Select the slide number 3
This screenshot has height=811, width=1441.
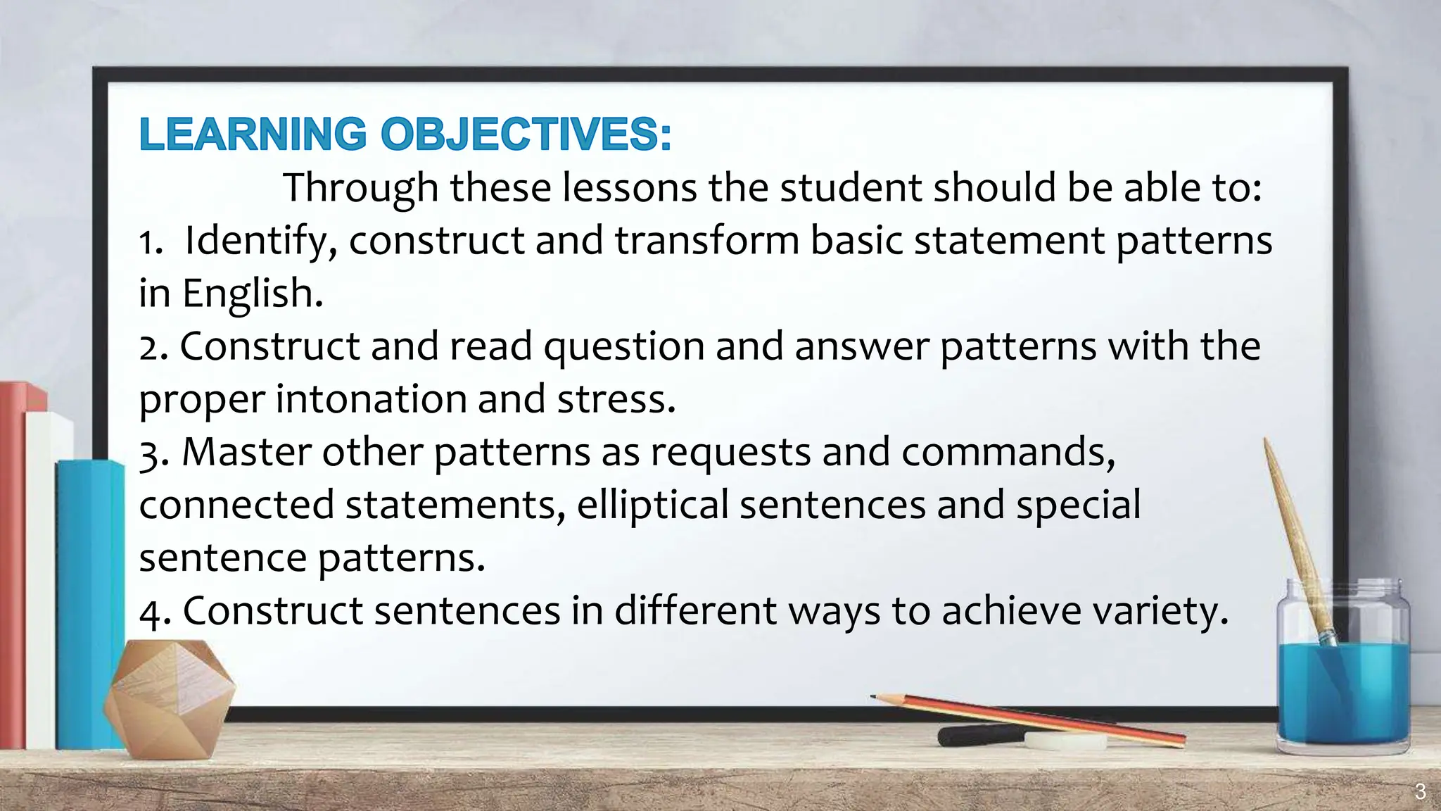pyautogui.click(x=1420, y=792)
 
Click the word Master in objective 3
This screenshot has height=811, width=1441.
pyautogui.click(x=246, y=452)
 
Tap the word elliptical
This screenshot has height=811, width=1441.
pyautogui.click(x=652, y=505)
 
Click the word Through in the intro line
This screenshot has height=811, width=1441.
pyautogui.click(x=360, y=188)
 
